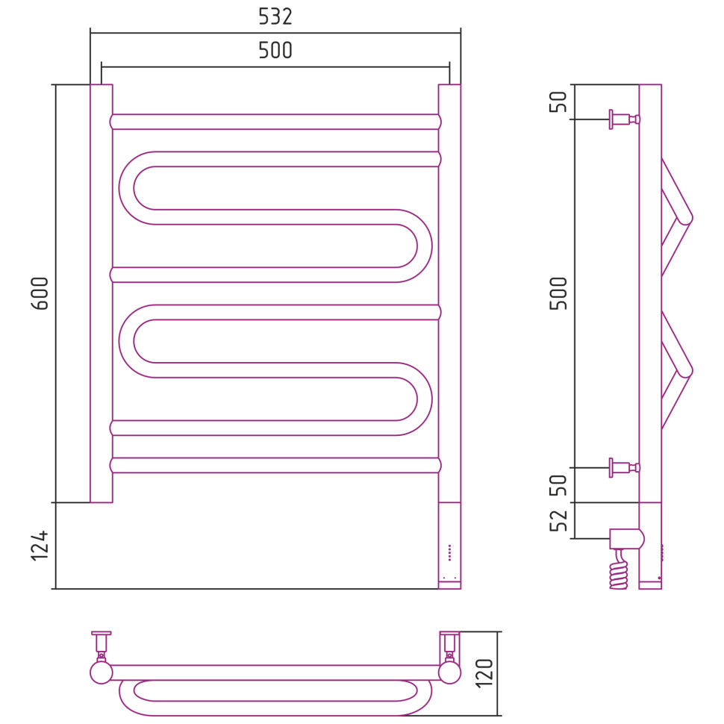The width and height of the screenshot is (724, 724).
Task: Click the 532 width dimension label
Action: (x=275, y=16)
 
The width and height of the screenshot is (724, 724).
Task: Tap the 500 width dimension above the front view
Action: (x=275, y=50)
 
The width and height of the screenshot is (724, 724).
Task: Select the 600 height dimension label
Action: (x=40, y=293)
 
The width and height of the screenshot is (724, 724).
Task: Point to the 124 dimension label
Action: (x=40, y=546)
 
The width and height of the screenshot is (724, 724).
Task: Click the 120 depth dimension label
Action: (x=484, y=674)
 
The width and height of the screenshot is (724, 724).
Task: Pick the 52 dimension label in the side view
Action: (x=558, y=521)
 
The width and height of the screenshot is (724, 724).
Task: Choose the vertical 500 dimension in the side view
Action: (x=558, y=293)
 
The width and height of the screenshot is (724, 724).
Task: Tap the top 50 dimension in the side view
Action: (x=558, y=102)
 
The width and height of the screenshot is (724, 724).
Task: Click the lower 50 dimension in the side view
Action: (x=558, y=485)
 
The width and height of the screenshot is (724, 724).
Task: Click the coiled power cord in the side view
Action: (x=619, y=569)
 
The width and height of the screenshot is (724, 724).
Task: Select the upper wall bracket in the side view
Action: (x=624, y=119)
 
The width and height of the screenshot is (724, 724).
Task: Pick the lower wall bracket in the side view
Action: (x=624, y=468)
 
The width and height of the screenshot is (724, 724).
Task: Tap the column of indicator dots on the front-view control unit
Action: (x=450, y=552)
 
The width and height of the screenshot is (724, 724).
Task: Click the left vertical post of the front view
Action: (x=102, y=293)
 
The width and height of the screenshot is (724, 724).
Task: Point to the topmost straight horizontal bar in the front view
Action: (x=275, y=122)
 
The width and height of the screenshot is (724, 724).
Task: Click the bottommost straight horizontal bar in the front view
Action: (x=275, y=466)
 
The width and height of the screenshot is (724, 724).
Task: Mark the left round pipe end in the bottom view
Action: (x=102, y=672)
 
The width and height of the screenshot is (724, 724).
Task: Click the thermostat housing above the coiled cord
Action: (x=627, y=539)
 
